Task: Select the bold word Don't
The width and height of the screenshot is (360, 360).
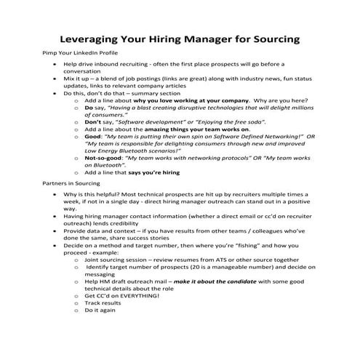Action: (x=95, y=118)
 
